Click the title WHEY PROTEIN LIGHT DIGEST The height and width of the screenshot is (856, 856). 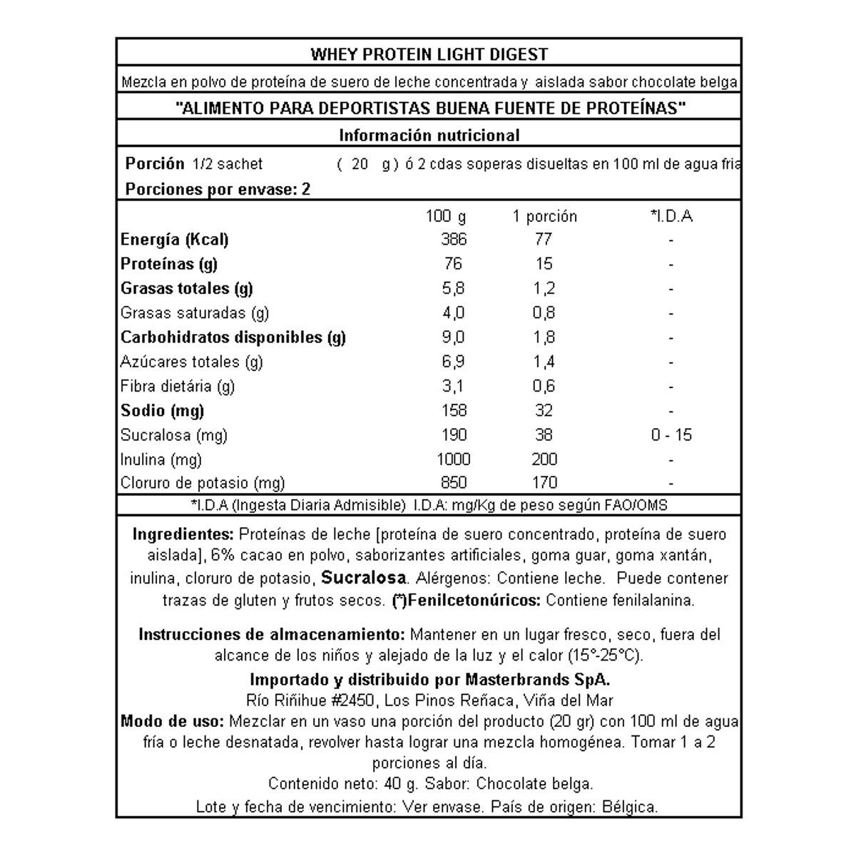(429, 54)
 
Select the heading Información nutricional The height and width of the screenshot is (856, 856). (429, 136)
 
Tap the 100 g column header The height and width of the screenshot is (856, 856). (446, 216)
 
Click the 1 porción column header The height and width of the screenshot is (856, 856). (544, 216)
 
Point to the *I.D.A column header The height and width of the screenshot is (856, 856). (671, 216)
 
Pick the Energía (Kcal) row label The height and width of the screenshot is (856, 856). (175, 240)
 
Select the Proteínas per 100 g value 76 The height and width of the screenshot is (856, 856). (453, 264)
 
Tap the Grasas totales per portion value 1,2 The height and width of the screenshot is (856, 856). (544, 289)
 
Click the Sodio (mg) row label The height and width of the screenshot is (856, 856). (163, 411)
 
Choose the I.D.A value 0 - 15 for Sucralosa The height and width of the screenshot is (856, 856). (671, 435)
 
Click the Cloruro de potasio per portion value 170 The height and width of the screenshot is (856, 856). (544, 483)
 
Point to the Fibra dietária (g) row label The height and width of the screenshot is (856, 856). (178, 387)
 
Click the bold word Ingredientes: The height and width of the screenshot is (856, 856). (183, 535)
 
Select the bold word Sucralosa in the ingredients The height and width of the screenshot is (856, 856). (364, 578)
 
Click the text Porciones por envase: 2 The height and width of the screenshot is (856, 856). (218, 190)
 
